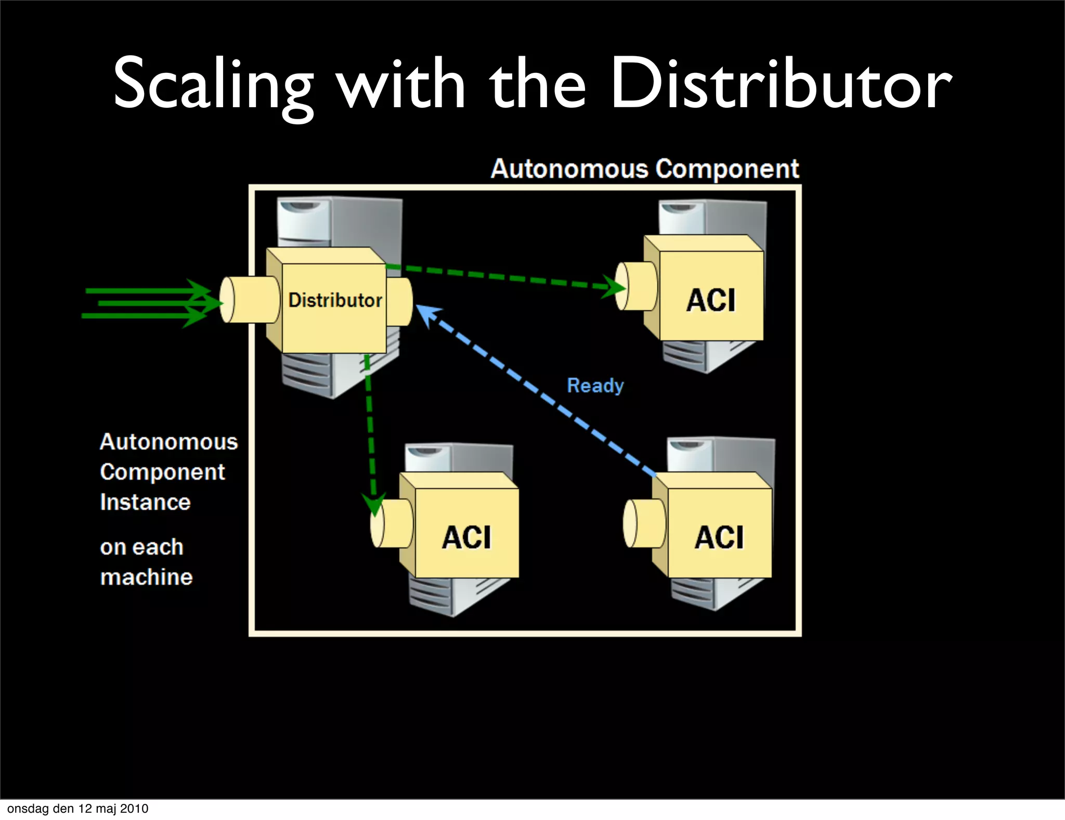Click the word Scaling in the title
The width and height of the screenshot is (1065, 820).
pyautogui.click(x=213, y=86)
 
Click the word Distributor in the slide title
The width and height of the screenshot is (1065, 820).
pyautogui.click(x=780, y=86)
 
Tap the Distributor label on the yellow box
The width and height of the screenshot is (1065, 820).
pyautogui.click(x=335, y=300)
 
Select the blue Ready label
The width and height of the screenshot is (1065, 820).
pyautogui.click(x=595, y=386)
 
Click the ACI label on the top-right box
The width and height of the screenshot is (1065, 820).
pyautogui.click(x=711, y=300)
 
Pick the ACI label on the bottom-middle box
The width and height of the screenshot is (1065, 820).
pyautogui.click(x=466, y=537)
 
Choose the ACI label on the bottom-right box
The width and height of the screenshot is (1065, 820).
pyautogui.click(x=719, y=537)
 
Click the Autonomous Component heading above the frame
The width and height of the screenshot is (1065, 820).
pyautogui.click(x=645, y=169)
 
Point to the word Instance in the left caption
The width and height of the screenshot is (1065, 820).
pyautogui.click(x=145, y=502)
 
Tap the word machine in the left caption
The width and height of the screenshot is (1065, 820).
pyautogui.click(x=146, y=577)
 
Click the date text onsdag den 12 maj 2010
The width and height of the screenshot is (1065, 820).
pyautogui.click(x=78, y=809)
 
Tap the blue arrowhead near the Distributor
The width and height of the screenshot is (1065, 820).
pyautogui.click(x=427, y=315)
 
